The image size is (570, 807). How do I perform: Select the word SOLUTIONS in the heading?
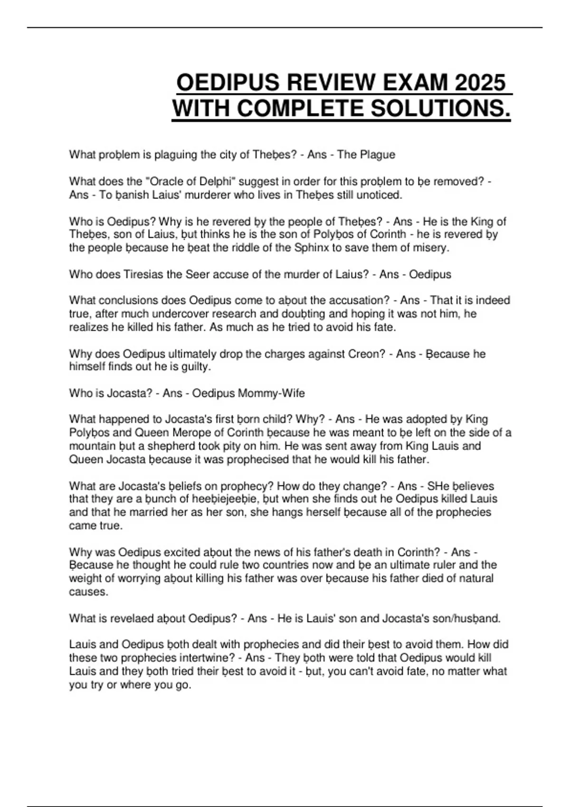tap(440, 109)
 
